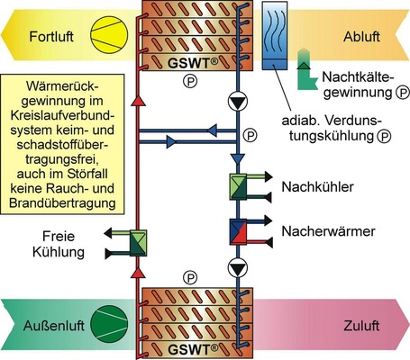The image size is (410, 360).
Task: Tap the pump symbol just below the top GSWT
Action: [237, 103]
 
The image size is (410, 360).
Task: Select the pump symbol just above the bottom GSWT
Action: [237, 266]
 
